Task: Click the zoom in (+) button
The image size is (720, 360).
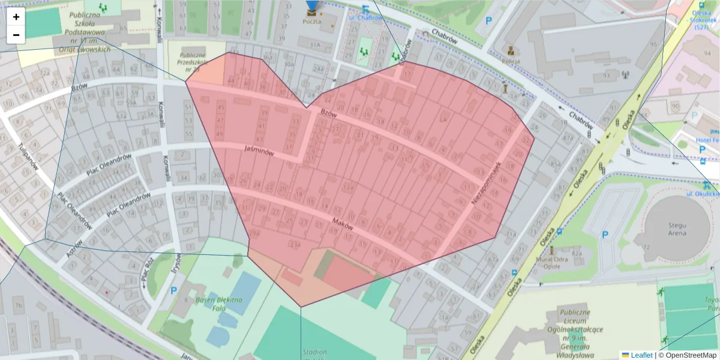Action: [x=16, y=17]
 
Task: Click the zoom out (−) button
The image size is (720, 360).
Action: [x=16, y=35]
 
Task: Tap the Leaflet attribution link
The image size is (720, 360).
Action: [x=641, y=355]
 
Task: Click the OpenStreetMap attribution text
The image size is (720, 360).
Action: [x=689, y=355]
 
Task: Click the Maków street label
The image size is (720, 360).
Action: [x=342, y=225]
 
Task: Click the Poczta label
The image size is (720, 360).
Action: [x=311, y=22]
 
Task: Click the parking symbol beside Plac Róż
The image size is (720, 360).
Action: [x=173, y=291]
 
